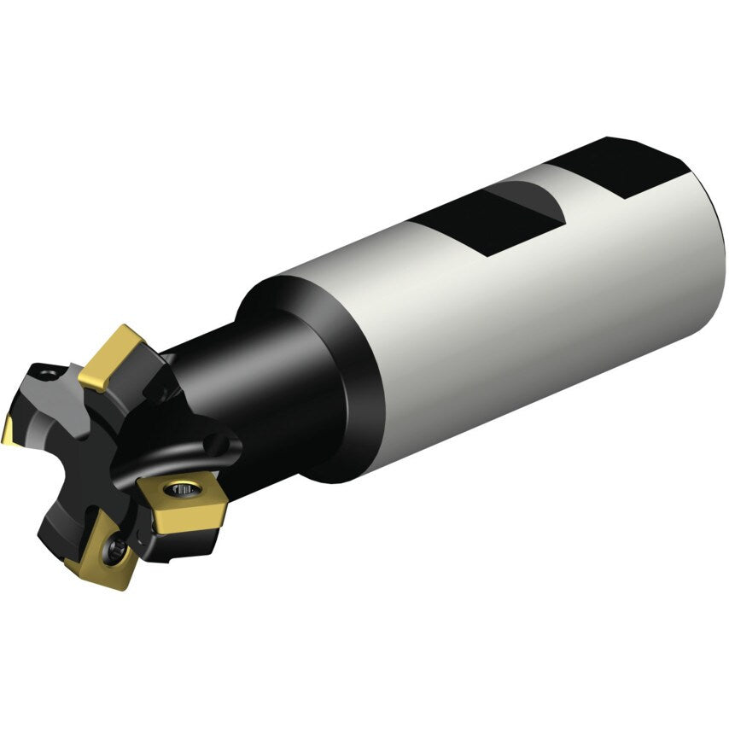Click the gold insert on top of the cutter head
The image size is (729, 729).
[x=112, y=355]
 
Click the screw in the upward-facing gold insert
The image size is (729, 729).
[x=181, y=489]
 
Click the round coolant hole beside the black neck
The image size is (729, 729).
[x=221, y=445]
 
